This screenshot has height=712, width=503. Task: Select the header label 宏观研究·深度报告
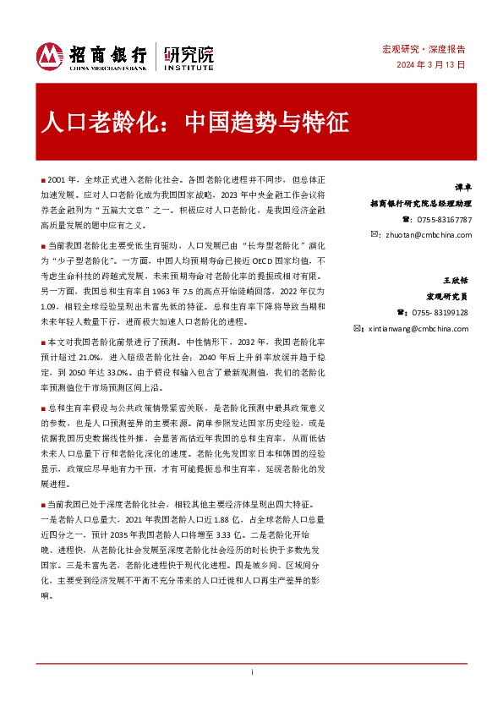click(434, 49)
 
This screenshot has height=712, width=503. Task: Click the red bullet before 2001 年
click(42, 181)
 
